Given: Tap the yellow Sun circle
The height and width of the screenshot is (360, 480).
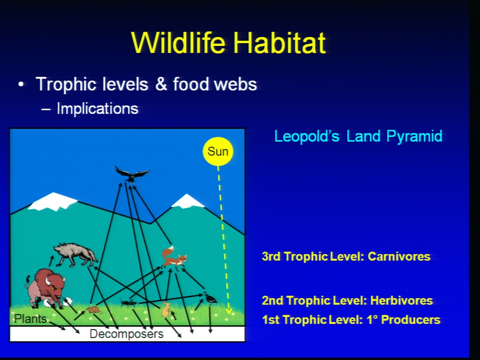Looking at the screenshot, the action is click(218, 151).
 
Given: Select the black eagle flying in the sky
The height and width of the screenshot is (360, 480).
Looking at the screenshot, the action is click(132, 174).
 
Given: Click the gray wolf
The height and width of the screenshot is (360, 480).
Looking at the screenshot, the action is click(75, 254).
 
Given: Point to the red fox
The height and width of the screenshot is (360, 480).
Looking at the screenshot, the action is click(173, 257).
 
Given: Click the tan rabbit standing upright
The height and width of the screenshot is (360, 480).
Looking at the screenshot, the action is click(166, 309).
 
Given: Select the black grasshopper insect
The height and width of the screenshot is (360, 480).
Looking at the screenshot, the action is click(128, 303).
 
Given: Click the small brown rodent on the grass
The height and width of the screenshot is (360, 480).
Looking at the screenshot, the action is click(93, 310).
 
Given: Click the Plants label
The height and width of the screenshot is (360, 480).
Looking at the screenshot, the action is click(30, 319).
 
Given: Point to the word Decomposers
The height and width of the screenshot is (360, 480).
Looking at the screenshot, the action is click(126, 334).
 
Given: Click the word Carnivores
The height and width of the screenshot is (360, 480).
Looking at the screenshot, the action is click(399, 256).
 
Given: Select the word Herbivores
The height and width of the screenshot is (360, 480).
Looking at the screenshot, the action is click(401, 300).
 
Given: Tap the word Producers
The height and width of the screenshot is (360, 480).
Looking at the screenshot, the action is click(410, 319).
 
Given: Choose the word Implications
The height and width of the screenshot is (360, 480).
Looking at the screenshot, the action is click(97, 109).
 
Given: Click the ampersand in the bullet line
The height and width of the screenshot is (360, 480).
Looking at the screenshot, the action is click(160, 84).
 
